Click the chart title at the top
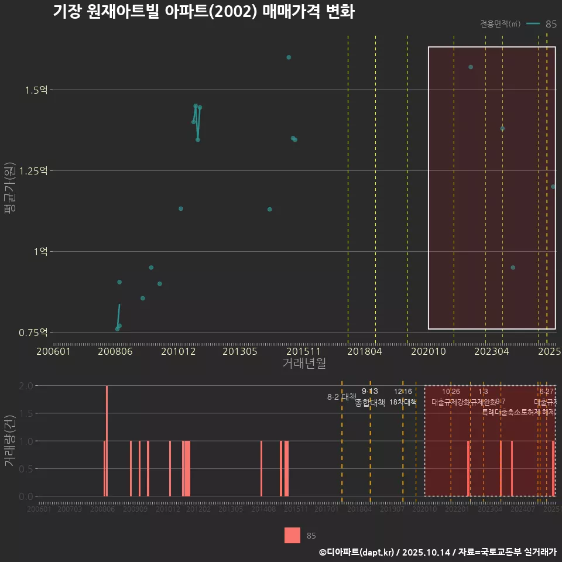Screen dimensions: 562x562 tap(204, 12)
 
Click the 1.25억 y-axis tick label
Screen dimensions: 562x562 tap(33, 170)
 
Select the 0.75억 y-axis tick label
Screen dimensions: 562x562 tap(33, 332)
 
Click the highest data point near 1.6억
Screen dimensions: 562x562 tap(289, 57)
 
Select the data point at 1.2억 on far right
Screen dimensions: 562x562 tap(553, 187)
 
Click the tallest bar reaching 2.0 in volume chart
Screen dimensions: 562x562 tap(107, 441)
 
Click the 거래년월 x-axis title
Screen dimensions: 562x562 tap(304, 364)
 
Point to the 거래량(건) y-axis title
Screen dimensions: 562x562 tap(9, 441)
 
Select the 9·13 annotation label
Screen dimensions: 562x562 tap(370, 391)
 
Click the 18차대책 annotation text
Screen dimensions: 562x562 tap(403, 402)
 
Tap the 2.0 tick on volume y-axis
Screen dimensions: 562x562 tap(26, 386)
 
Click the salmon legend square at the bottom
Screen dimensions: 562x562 tap(292, 535)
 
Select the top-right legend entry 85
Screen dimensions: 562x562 tap(550, 24)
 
